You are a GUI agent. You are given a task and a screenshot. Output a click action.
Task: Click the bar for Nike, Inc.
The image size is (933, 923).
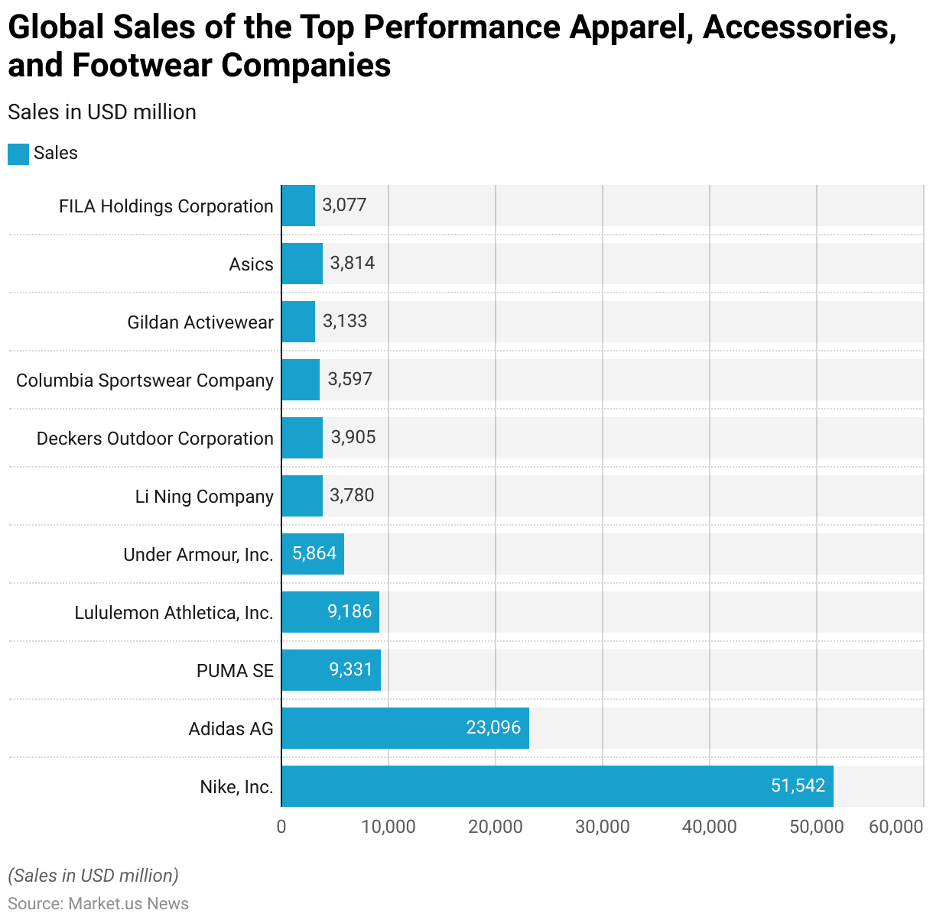[x=557, y=786]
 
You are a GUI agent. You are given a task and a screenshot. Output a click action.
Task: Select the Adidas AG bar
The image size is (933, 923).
[x=405, y=728]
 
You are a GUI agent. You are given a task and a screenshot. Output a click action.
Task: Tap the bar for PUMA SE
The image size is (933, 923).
[x=330, y=670]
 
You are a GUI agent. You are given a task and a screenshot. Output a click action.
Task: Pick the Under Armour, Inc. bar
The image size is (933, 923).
[x=313, y=554]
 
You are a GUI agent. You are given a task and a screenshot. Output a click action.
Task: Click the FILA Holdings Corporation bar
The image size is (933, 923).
[x=298, y=206]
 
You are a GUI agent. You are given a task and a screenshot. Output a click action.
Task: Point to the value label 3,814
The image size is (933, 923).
[x=353, y=264]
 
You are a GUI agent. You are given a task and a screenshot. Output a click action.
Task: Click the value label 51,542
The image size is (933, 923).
[x=798, y=786]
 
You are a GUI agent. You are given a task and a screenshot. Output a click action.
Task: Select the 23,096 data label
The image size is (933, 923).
[x=493, y=728]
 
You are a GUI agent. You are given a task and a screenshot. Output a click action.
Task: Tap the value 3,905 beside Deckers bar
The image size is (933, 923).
[x=353, y=438]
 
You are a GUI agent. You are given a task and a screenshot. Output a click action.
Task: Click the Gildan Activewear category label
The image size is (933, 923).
[x=200, y=322]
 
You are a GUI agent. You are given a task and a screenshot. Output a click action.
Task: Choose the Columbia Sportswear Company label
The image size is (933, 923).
[x=145, y=381]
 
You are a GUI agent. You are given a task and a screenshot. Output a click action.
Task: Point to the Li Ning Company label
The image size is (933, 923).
[x=204, y=497]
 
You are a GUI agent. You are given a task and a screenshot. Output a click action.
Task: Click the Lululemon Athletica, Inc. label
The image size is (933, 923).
[x=174, y=613]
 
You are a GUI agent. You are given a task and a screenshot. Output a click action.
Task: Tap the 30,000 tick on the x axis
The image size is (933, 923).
[x=603, y=827]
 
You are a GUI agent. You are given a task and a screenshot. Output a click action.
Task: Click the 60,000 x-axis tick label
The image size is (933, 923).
[x=896, y=827]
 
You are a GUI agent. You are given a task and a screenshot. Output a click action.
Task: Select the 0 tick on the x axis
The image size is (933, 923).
[x=281, y=827]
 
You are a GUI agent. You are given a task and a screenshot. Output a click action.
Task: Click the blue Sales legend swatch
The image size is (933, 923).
[x=18, y=154]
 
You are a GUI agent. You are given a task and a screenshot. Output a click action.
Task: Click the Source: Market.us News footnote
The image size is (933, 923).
[x=98, y=904]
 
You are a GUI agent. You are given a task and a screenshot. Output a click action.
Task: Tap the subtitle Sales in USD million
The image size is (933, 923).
[x=102, y=112]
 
